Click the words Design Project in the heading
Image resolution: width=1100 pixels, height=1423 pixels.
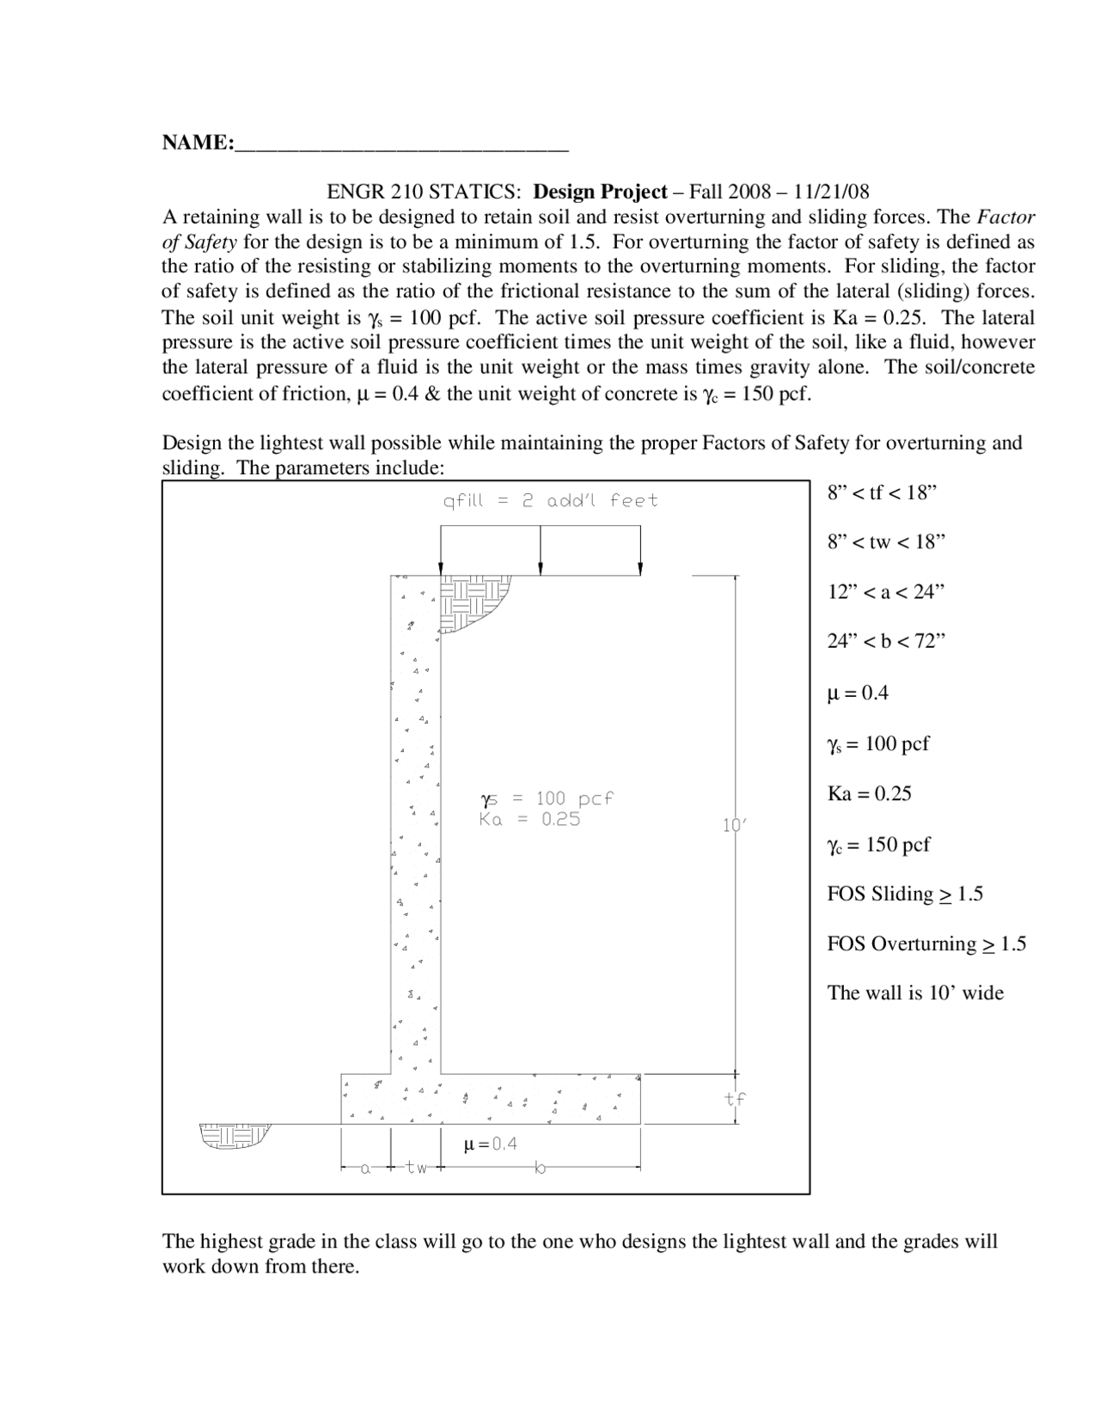[601, 192]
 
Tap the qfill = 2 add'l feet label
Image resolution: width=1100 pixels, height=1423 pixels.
[550, 501]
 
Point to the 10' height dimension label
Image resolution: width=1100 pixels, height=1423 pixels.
[734, 826]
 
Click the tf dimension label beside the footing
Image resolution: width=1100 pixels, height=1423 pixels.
[735, 1098]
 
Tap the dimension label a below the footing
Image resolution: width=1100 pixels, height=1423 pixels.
[365, 1169]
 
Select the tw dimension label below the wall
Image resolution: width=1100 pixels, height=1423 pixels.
[417, 1169]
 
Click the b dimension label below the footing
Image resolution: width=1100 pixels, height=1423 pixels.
[540, 1169]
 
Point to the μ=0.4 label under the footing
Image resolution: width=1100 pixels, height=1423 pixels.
[490, 1145]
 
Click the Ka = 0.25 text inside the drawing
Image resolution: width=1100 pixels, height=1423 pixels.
[529, 820]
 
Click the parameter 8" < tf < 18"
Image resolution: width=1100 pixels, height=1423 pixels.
[881, 493]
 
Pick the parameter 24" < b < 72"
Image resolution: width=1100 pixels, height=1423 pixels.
[886, 642]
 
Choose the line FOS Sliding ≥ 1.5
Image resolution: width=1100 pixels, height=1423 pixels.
[904, 895]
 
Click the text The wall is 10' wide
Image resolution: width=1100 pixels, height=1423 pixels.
[915, 993]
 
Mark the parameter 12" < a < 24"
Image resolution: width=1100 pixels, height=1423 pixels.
[886, 592]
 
